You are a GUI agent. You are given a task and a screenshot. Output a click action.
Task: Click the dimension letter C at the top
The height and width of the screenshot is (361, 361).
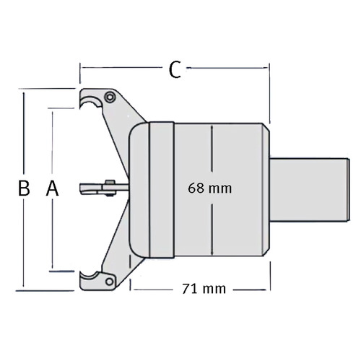pos(175,70)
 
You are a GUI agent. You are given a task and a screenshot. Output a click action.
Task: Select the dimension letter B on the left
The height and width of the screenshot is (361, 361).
pos(24,188)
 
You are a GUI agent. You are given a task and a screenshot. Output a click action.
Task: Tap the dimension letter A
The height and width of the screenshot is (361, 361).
pos(52,188)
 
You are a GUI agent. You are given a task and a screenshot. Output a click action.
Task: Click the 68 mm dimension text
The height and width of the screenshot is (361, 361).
pos(209,188)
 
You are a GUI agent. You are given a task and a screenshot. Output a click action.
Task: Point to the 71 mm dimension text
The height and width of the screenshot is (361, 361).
pos(204,289)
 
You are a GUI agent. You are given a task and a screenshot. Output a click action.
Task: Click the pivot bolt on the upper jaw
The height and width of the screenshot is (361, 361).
pos(110,97)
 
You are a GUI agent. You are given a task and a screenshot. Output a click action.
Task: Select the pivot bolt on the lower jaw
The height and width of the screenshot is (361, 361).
pos(110,282)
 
